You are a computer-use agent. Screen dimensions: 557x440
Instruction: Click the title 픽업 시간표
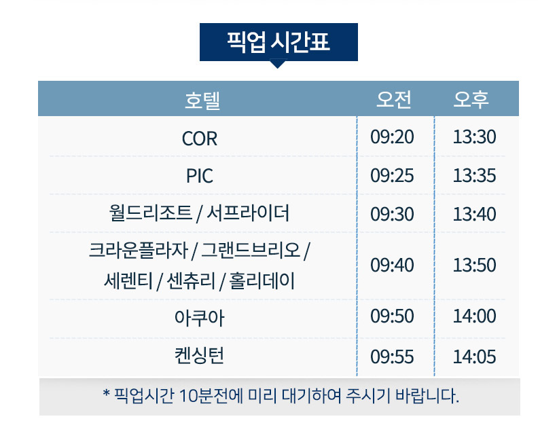(x=278, y=42)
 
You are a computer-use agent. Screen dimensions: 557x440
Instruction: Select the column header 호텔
(x=202, y=100)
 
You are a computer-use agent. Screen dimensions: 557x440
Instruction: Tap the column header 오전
(x=394, y=99)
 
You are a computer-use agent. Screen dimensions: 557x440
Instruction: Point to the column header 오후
(x=471, y=99)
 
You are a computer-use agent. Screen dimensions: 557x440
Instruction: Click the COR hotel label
(x=199, y=139)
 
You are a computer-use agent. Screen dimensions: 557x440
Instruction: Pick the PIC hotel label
(x=199, y=176)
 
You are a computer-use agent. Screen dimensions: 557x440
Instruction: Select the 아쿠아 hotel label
(x=199, y=318)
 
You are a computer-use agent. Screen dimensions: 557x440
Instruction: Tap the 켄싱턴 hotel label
(x=199, y=356)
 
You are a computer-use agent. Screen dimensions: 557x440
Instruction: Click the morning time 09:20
(x=392, y=136)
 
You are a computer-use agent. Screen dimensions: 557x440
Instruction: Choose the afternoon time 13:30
(x=474, y=136)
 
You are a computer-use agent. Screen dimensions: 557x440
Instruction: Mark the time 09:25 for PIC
(x=392, y=175)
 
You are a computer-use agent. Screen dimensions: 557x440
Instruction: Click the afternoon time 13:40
(x=474, y=214)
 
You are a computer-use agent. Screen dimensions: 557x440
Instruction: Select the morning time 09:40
(x=392, y=265)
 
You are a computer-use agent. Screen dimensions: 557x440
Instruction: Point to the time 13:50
(x=474, y=265)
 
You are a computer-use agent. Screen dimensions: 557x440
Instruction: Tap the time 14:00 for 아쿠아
(x=474, y=316)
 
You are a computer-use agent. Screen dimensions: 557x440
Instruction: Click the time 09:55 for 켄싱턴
(x=392, y=356)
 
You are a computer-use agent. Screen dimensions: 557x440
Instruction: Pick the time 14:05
(x=474, y=356)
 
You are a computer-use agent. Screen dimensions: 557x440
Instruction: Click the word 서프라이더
(x=248, y=213)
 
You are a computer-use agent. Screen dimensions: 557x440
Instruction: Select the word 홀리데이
(x=262, y=281)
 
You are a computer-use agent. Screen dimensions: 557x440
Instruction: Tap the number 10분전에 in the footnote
(x=211, y=396)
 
